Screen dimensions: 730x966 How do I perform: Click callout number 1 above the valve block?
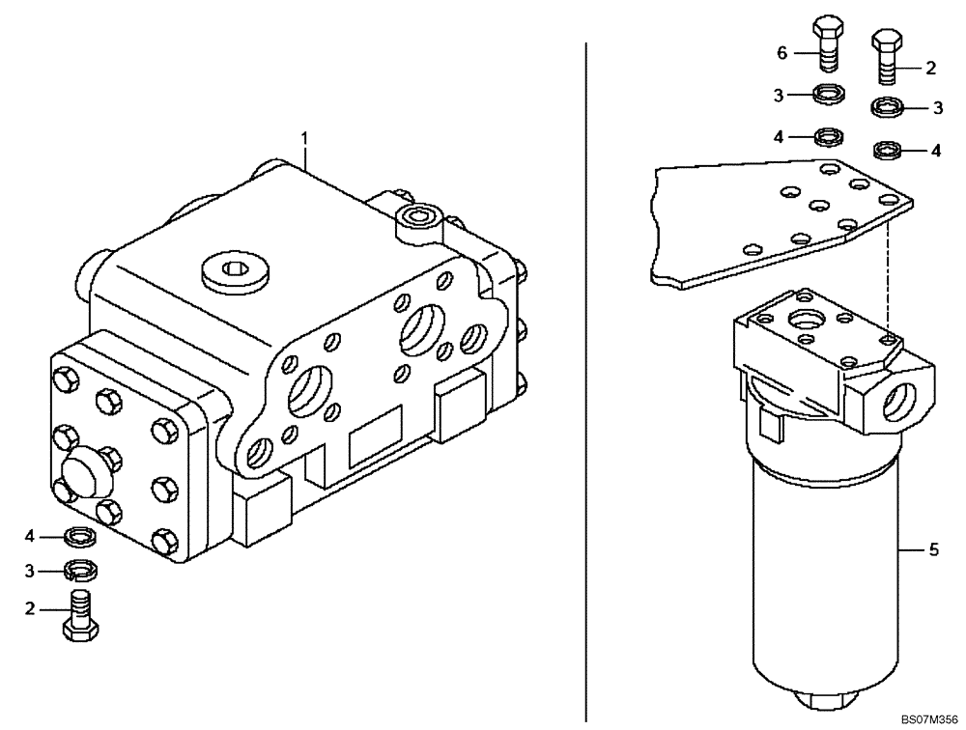[305, 139]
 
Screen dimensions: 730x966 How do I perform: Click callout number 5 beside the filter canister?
[933, 549]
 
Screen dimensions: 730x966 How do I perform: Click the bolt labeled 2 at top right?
[887, 57]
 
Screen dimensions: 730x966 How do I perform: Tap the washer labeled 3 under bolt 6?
[828, 95]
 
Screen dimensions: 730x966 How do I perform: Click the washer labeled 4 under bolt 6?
[827, 135]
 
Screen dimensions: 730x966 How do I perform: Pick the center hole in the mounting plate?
[818, 206]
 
